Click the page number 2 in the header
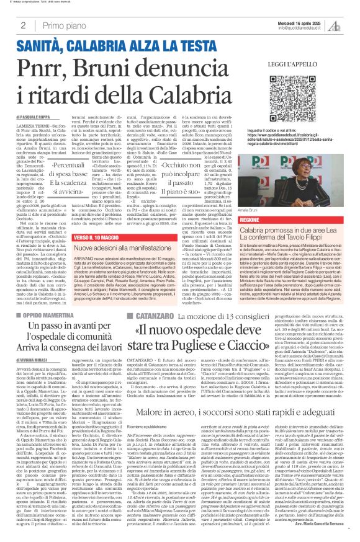point(23,25)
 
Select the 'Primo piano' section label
point(64,25)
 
